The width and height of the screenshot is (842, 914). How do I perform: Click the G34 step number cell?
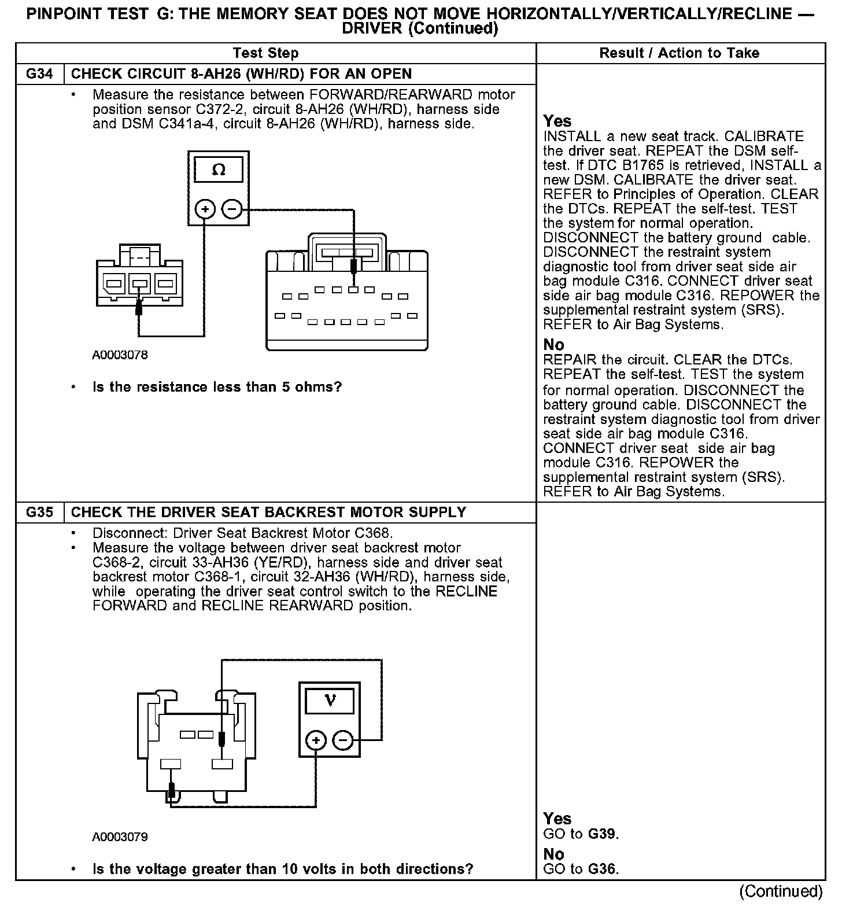point(39,74)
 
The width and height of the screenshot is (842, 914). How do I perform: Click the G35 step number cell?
point(39,513)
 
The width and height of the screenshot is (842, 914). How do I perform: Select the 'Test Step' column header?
point(265,53)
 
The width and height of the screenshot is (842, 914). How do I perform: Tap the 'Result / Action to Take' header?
point(679,53)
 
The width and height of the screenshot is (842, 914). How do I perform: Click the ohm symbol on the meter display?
point(219,170)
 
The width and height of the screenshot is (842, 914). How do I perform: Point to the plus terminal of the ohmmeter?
point(205,208)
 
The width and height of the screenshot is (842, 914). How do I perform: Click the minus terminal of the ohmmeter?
point(232,208)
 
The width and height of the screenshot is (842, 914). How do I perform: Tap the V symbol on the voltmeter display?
point(330,701)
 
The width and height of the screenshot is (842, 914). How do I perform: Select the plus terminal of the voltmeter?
point(316,740)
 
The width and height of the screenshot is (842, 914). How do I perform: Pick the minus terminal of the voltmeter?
point(344,740)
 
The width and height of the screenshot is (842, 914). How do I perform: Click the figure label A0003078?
point(120,355)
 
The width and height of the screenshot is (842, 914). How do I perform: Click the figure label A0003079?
point(120,836)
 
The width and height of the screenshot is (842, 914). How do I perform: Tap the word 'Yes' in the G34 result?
point(557,121)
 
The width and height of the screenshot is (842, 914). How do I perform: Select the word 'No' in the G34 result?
point(553,345)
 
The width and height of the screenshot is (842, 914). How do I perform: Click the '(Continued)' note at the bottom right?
point(780,891)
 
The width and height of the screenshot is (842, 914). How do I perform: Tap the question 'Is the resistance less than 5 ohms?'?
point(217,387)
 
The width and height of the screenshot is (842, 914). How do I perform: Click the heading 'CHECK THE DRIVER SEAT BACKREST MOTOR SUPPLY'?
point(268,513)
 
